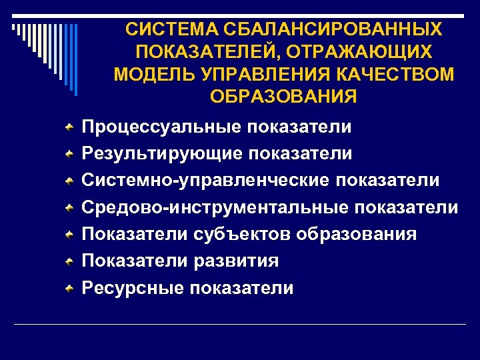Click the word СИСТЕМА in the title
click(x=163, y=29)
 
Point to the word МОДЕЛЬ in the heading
click(x=151, y=73)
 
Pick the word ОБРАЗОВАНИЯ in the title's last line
click(x=283, y=95)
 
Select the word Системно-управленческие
click(x=206, y=180)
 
